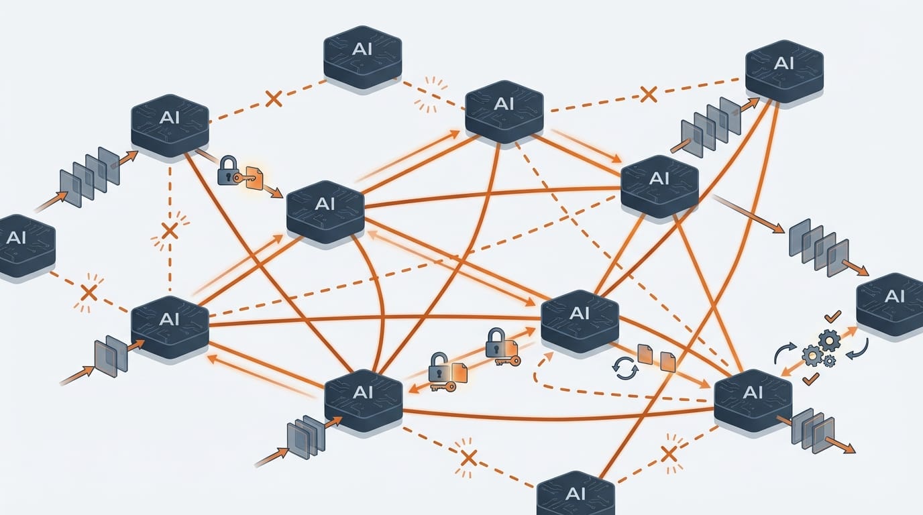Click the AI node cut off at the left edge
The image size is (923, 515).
(x=23, y=245)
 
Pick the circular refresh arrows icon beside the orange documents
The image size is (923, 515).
(x=625, y=368)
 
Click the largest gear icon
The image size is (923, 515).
(x=830, y=341)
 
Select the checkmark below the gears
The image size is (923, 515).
(x=810, y=380)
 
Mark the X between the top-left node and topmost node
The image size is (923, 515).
(x=273, y=99)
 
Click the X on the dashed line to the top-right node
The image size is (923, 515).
(x=647, y=94)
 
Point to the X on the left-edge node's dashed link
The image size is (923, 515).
(x=89, y=292)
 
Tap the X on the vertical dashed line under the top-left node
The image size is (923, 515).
(x=170, y=231)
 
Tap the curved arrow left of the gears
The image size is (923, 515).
(x=783, y=353)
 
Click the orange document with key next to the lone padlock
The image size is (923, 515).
(x=254, y=177)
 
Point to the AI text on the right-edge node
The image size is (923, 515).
(x=894, y=296)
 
